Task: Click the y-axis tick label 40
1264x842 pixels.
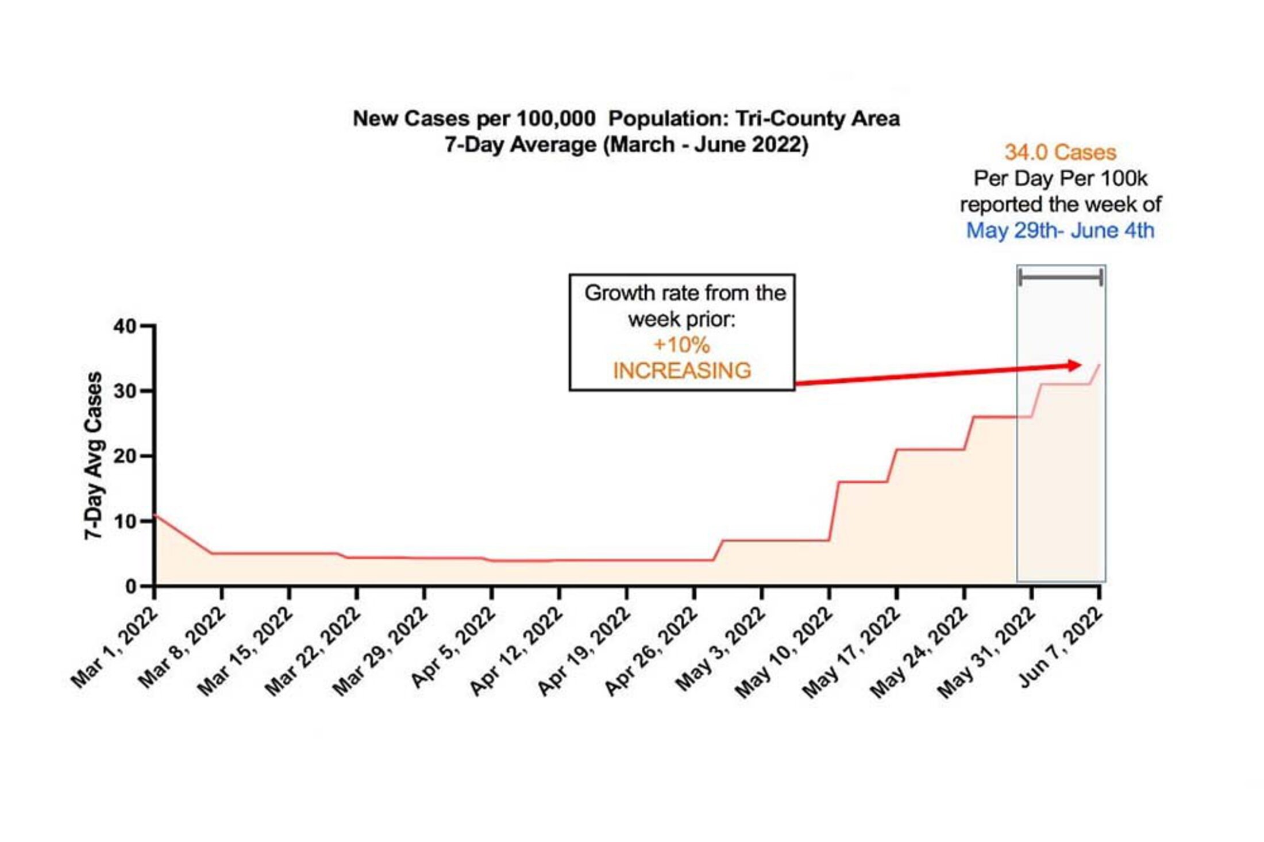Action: click(x=125, y=326)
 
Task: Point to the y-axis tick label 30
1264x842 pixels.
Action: click(x=125, y=391)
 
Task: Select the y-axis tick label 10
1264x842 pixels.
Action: click(x=125, y=521)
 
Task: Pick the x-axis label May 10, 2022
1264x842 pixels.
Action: click(x=785, y=652)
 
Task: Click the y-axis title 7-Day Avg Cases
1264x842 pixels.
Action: click(x=94, y=456)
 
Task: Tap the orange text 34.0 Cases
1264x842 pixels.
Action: click(x=1060, y=152)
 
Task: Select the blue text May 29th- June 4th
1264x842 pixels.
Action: click(x=1060, y=230)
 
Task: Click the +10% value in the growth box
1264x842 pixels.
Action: click(x=681, y=345)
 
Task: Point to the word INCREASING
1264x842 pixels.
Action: click(x=682, y=371)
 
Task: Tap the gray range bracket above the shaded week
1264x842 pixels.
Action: click(x=1061, y=278)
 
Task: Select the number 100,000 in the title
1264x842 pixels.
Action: click(x=556, y=119)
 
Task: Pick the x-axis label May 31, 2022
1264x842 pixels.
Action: click(x=988, y=652)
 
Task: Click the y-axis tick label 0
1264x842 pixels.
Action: click(x=131, y=587)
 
